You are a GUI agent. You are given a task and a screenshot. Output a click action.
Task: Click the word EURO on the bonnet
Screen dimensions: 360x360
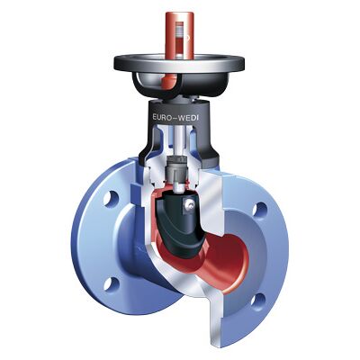(x=162, y=117)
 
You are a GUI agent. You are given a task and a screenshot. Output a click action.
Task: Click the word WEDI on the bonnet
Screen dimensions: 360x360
(x=188, y=118)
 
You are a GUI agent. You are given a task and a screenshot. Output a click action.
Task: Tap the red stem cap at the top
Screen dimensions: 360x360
(x=180, y=35)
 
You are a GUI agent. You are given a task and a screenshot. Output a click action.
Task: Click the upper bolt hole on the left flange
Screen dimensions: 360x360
(x=111, y=199)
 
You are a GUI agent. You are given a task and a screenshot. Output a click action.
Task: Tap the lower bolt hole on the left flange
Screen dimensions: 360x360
(x=111, y=283)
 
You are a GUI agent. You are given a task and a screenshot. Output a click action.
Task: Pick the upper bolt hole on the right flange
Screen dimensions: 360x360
(x=259, y=210)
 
